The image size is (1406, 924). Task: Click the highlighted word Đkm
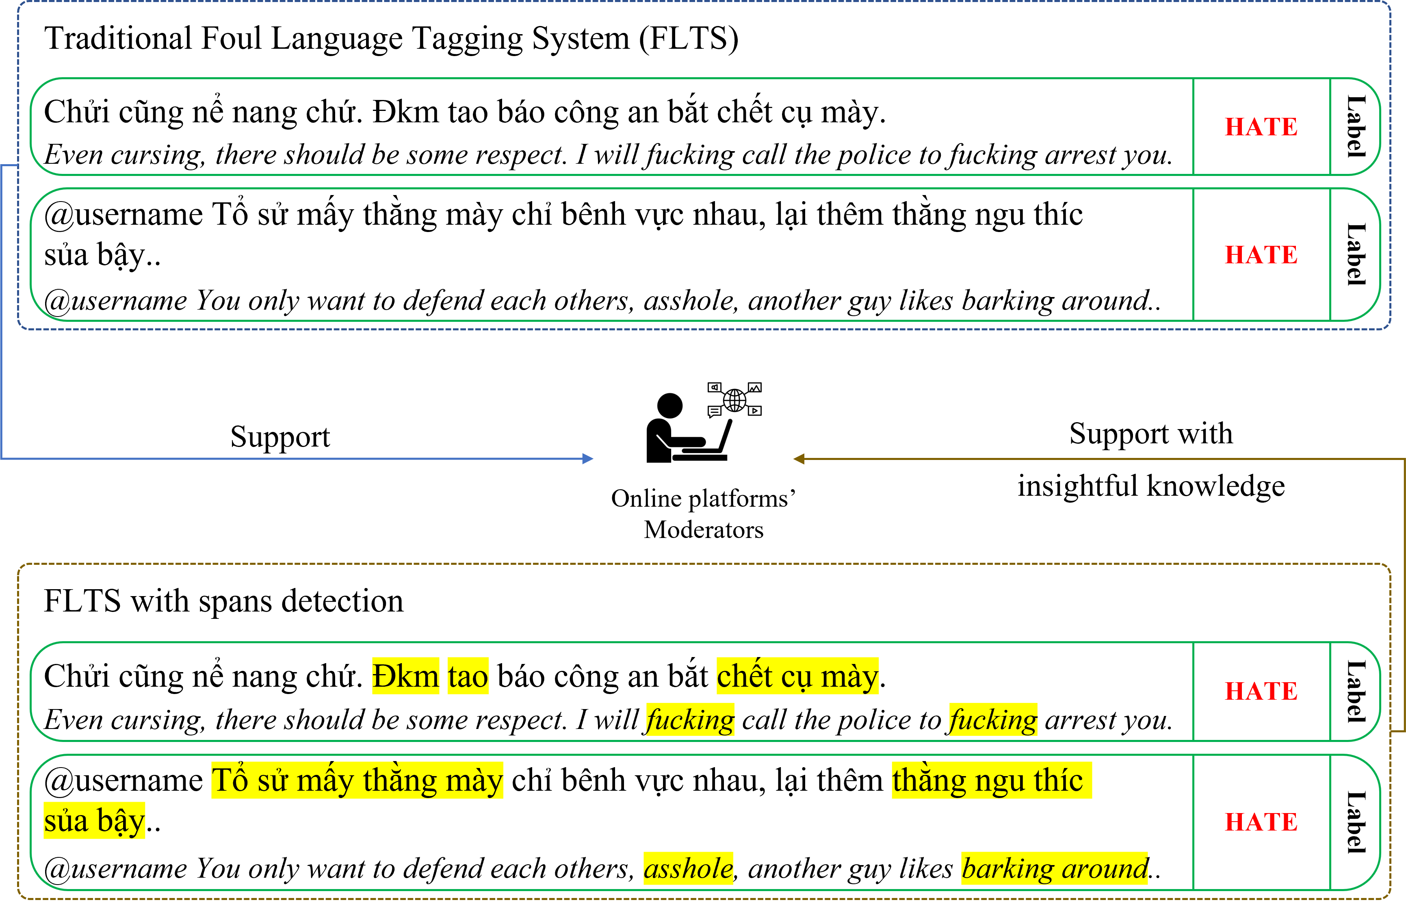point(405,676)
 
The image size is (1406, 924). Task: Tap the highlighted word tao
point(468,676)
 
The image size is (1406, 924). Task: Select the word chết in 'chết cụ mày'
point(744,676)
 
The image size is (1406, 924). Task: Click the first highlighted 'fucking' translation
point(690,720)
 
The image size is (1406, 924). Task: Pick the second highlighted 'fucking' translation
point(993,720)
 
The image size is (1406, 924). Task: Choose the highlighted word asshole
point(688,868)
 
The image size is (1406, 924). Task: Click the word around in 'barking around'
point(1105,868)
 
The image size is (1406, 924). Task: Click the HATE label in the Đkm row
point(1261,691)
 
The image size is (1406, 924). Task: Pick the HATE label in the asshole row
point(1261,822)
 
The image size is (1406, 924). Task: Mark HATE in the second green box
point(1261,255)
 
